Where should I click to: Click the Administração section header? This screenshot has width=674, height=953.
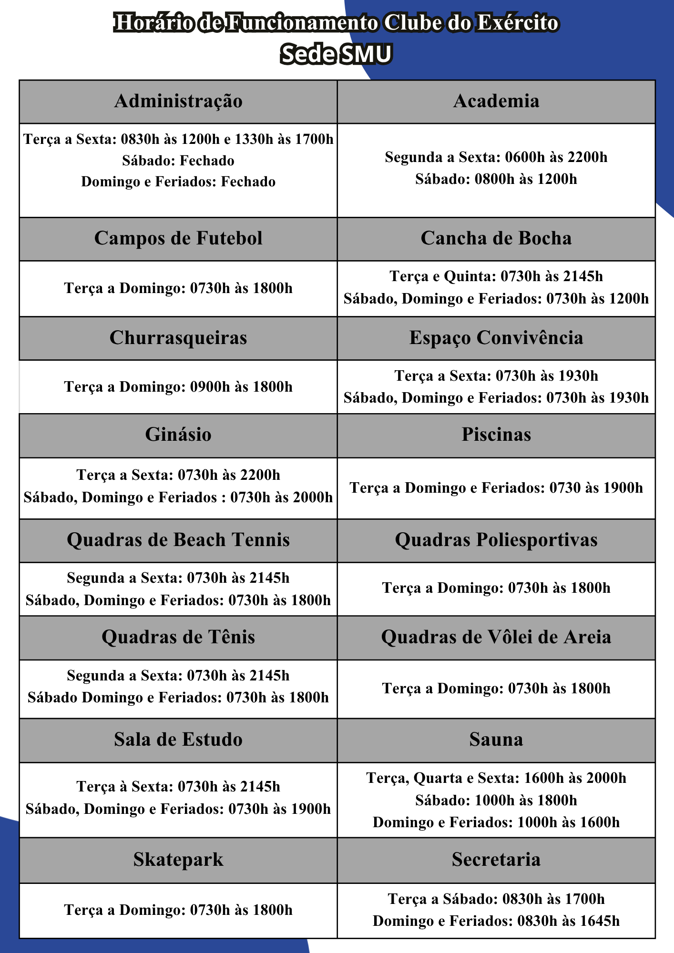click(178, 101)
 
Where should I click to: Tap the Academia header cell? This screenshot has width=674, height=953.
click(496, 101)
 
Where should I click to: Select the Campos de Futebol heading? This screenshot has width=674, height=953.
click(178, 239)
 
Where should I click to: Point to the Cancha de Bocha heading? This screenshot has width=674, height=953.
click(496, 239)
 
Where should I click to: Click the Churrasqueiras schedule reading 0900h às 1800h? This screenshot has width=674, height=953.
click(178, 387)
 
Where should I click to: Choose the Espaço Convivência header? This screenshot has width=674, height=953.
click(496, 338)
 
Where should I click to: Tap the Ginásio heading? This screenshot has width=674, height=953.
click(178, 435)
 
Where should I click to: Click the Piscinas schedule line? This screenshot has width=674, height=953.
click(496, 488)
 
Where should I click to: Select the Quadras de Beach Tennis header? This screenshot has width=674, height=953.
click(178, 540)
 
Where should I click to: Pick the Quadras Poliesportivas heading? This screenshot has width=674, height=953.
click(496, 540)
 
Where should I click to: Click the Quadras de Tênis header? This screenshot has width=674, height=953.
click(178, 638)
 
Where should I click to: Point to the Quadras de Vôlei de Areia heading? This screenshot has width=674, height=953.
click(496, 638)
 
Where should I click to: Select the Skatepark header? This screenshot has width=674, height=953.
click(178, 860)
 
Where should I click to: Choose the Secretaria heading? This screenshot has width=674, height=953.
click(496, 860)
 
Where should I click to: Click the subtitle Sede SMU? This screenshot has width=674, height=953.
click(336, 54)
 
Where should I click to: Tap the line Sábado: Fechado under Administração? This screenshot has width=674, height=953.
click(178, 161)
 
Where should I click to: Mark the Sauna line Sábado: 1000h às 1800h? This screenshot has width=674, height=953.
click(496, 801)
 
